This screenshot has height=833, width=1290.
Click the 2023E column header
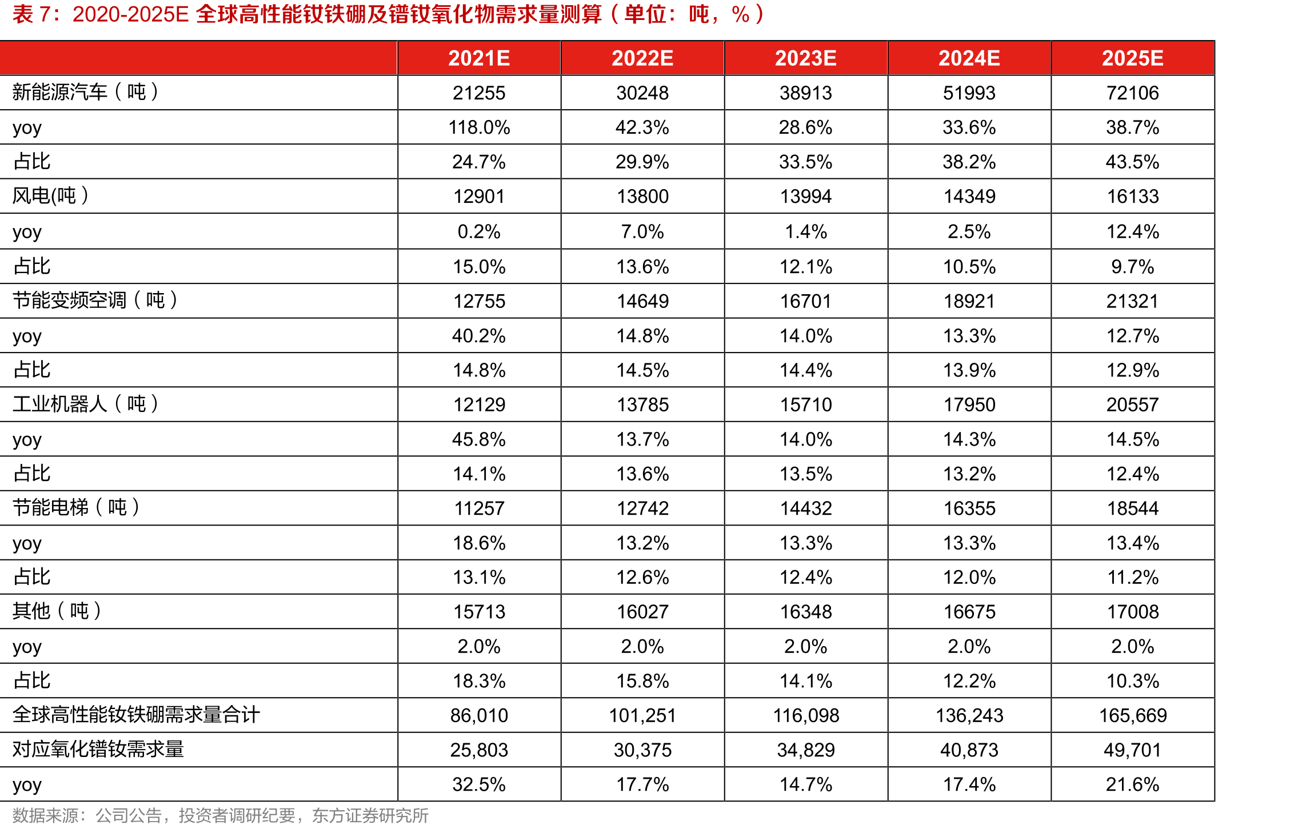click(805, 58)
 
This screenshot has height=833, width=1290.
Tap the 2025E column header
click(1132, 58)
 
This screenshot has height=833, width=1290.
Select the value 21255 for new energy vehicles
click(479, 93)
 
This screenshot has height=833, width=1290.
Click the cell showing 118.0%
click(479, 127)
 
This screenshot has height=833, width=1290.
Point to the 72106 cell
click(1132, 93)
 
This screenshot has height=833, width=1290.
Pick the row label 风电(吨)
click(50, 196)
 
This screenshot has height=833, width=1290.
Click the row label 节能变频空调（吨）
click(95, 300)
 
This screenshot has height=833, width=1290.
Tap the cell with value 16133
click(1132, 197)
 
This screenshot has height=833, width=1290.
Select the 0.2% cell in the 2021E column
click(479, 231)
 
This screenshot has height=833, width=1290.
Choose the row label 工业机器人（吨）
click(86, 404)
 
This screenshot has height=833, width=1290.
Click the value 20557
click(1132, 405)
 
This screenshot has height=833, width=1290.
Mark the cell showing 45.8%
click(479, 439)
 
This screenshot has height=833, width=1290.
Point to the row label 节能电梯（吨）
click(76, 507)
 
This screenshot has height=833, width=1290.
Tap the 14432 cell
click(805, 508)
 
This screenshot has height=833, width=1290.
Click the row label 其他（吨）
click(57, 611)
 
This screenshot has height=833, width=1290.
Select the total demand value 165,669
click(1132, 715)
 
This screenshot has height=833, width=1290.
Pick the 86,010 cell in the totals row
click(479, 715)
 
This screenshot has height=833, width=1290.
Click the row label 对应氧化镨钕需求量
click(98, 749)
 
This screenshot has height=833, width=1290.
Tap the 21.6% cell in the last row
click(1132, 784)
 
